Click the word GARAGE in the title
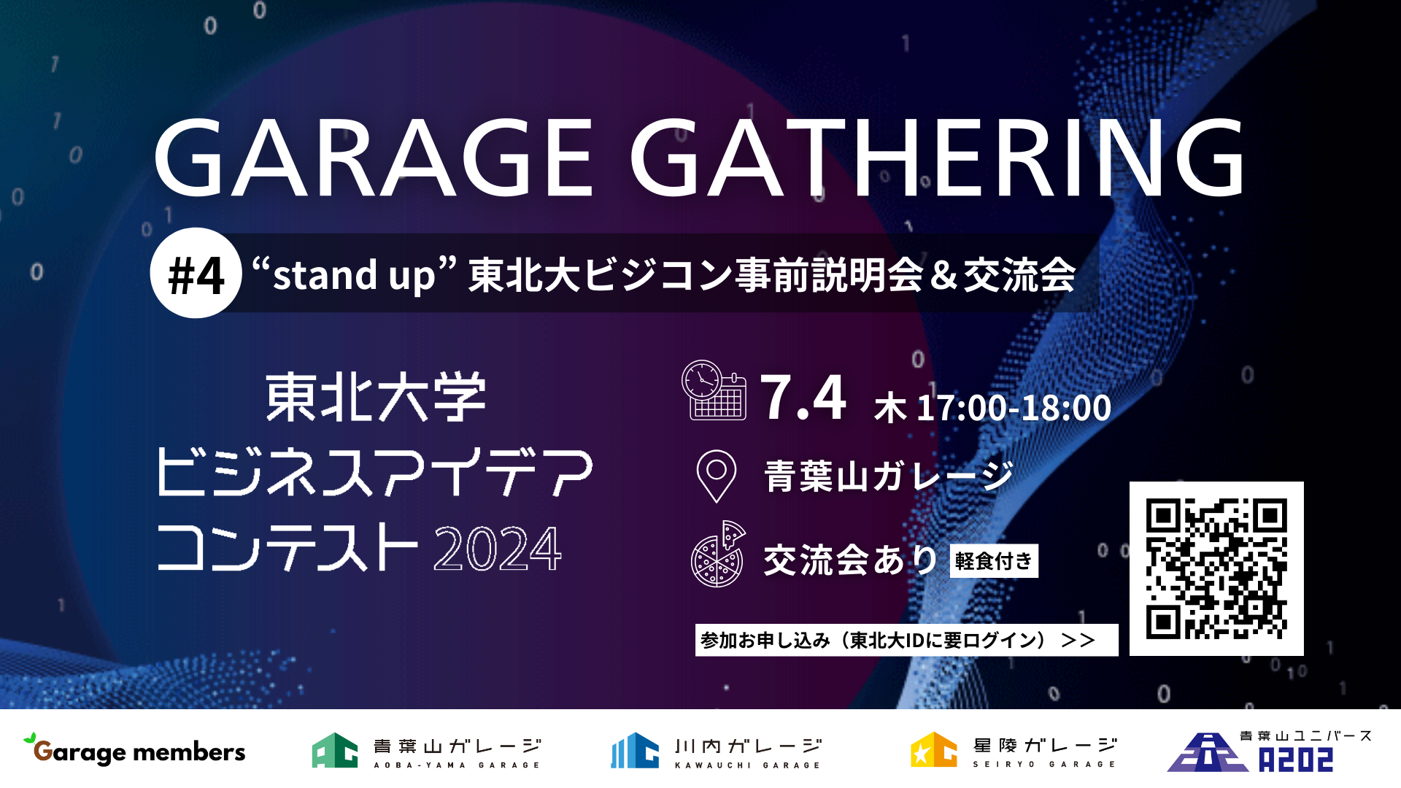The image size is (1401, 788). click(373, 159)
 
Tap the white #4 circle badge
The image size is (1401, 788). click(196, 274)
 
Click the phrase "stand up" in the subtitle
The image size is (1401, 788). click(355, 275)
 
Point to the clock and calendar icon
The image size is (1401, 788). click(714, 390)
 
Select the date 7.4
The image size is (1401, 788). click(803, 398)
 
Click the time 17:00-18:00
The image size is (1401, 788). click(1014, 407)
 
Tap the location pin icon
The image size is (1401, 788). click(717, 476)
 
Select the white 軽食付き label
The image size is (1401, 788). click(994, 560)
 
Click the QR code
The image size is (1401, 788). click(1216, 568)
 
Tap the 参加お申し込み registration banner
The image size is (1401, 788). click(906, 640)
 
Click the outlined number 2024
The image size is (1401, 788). click(498, 549)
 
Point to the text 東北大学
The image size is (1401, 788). click(376, 398)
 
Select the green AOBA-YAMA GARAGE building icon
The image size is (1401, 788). click(335, 750)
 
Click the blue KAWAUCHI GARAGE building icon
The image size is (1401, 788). click(635, 750)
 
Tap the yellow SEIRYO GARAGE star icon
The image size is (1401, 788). click(933, 750)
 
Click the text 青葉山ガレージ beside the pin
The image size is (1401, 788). click(889, 476)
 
